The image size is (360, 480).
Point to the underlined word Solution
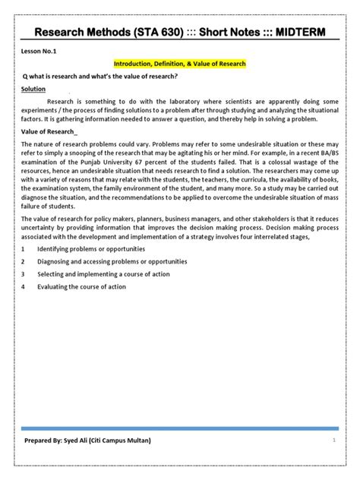34,88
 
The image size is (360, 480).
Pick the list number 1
24,249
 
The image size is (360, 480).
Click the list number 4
24,286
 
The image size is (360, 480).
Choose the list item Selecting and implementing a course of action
103,274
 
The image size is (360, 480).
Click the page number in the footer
333,440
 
